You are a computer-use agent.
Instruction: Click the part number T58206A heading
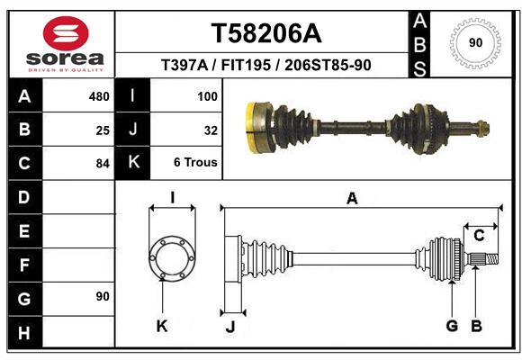point(265,33)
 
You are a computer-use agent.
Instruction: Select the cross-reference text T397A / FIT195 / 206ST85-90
point(265,65)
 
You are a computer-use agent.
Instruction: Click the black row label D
point(23,196)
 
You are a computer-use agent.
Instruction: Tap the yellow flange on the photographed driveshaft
point(253,126)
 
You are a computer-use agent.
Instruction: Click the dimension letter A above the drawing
point(352,199)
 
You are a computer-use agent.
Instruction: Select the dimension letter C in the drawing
point(479,235)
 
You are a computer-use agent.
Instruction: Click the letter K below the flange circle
point(162,326)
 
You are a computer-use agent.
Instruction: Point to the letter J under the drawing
point(229,327)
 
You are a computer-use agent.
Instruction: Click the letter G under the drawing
point(452,326)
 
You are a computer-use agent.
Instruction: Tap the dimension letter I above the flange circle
point(172,197)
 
